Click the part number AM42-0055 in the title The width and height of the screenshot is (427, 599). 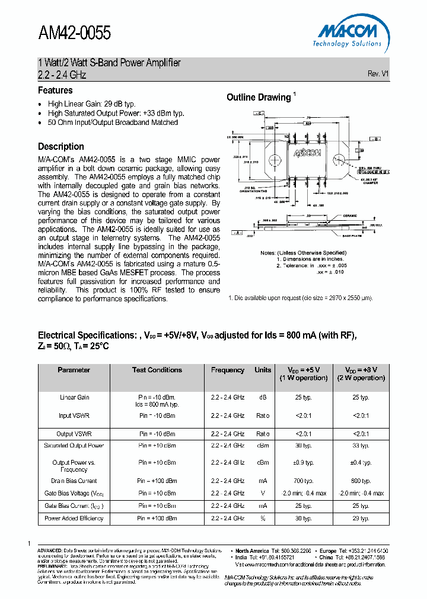point(74,33)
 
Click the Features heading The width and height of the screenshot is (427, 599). point(55,91)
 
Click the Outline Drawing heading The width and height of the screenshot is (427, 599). point(259,97)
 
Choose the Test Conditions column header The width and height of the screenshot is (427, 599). point(157,370)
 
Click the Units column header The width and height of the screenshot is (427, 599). point(263,370)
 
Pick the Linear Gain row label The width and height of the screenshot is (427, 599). point(74,397)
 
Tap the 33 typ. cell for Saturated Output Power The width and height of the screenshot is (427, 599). point(361,445)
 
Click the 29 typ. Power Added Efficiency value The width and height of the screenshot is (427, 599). point(361,518)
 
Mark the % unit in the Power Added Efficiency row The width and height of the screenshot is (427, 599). point(263,518)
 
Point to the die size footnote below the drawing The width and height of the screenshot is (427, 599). point(301,298)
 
